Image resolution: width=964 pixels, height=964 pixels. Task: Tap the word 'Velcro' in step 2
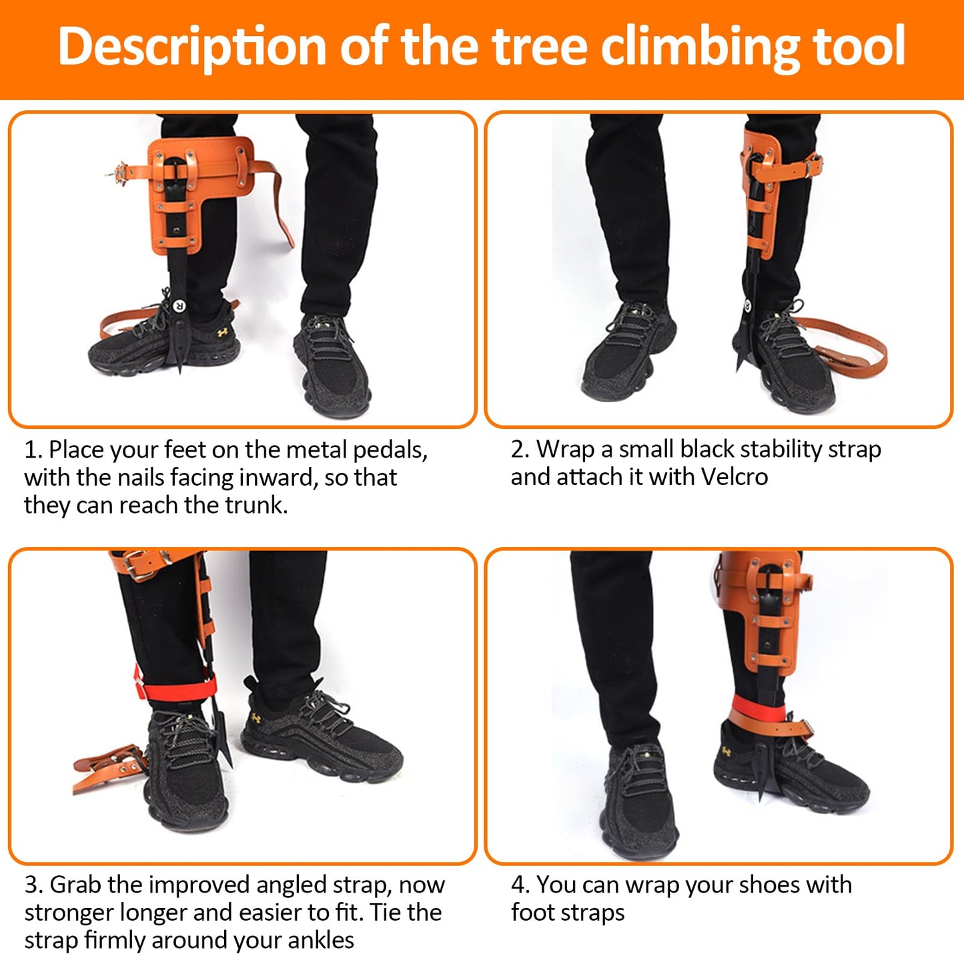(x=735, y=477)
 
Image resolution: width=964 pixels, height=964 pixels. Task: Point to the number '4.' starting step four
(x=520, y=885)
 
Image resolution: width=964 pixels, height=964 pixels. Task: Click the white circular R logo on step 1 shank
(x=179, y=306)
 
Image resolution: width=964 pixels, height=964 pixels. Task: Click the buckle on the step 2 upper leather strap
(x=812, y=163)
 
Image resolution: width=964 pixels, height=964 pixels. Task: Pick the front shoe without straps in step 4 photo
(x=640, y=801)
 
